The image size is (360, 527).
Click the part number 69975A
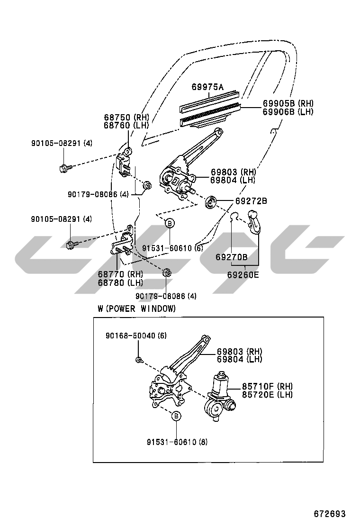[207, 87]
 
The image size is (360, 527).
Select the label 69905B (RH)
[288, 103]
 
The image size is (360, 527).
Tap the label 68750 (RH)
[126, 117]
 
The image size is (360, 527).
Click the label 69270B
[231, 257]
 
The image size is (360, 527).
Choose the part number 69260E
[243, 274]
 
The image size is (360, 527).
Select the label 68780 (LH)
[120, 282]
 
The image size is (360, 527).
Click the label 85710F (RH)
[267, 386]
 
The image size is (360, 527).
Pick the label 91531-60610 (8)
[177, 442]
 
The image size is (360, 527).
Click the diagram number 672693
[330, 514]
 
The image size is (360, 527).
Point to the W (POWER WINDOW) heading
[137, 308]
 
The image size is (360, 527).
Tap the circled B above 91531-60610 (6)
[170, 223]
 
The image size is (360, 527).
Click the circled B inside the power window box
[176, 416]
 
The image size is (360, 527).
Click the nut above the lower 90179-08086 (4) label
[167, 273]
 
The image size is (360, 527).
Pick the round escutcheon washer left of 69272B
[211, 202]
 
